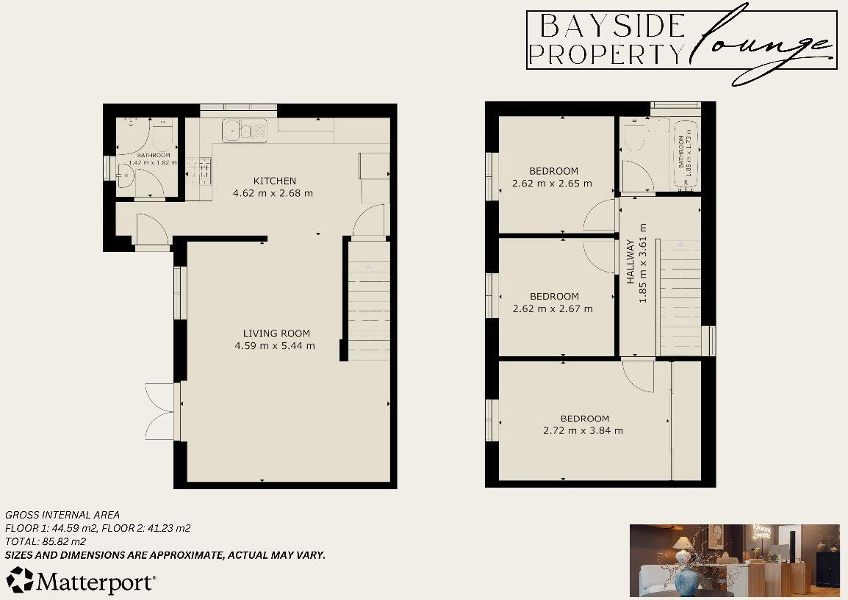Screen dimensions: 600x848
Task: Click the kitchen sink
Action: click(x=245, y=130)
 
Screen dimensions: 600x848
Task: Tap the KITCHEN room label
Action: click(x=275, y=181)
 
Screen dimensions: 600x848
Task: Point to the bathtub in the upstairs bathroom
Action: click(x=683, y=153)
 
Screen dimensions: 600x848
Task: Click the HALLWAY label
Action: click(x=630, y=264)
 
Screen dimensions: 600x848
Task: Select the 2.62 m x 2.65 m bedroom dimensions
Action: click(x=553, y=184)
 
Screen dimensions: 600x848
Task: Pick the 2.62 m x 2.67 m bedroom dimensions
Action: click(x=553, y=308)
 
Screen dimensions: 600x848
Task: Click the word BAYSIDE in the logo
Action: click(x=611, y=26)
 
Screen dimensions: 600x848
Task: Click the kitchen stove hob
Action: click(x=200, y=173)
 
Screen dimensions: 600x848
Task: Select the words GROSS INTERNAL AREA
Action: click(x=62, y=515)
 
